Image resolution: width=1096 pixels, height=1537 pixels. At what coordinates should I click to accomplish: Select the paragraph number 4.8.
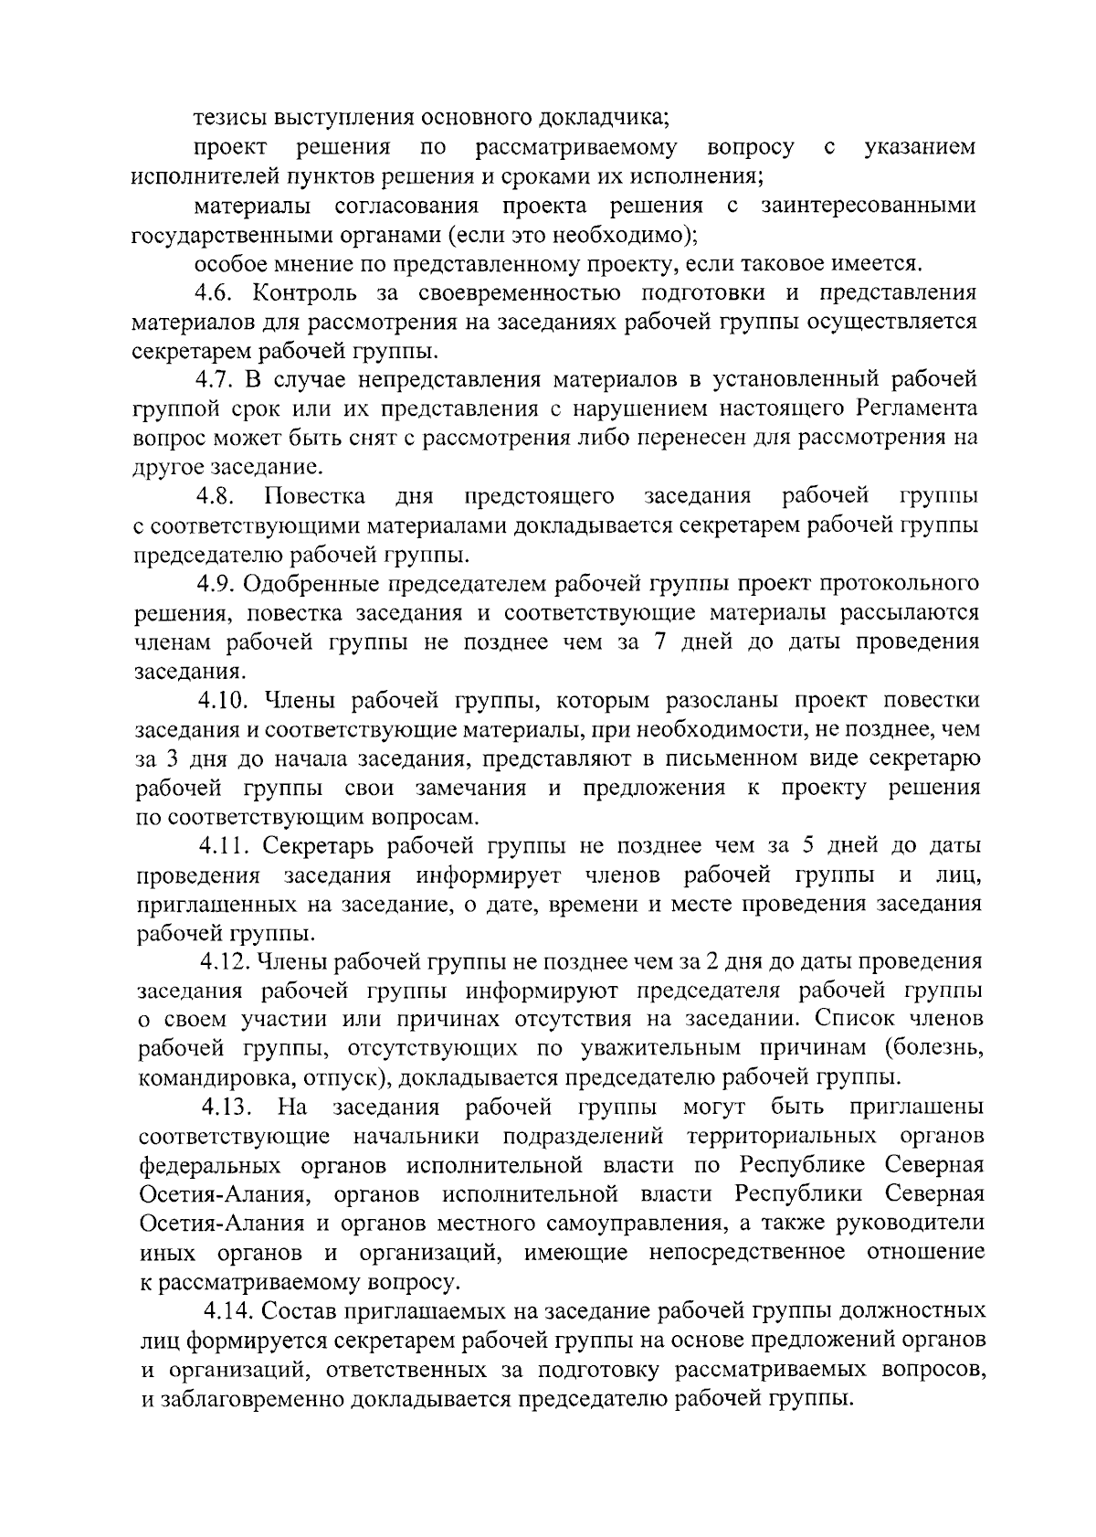click(216, 496)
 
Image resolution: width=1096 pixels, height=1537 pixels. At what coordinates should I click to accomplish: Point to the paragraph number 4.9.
click(216, 584)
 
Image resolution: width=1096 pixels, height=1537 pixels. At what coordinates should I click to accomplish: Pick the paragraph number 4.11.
click(223, 846)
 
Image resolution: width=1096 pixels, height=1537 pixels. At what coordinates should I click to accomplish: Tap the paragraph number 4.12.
click(226, 961)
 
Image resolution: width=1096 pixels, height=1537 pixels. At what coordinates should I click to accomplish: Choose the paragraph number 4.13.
click(227, 1108)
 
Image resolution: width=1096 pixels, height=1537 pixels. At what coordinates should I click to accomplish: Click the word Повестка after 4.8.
click(315, 496)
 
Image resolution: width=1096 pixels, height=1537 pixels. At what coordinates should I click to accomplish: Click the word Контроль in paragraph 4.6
click(297, 293)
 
